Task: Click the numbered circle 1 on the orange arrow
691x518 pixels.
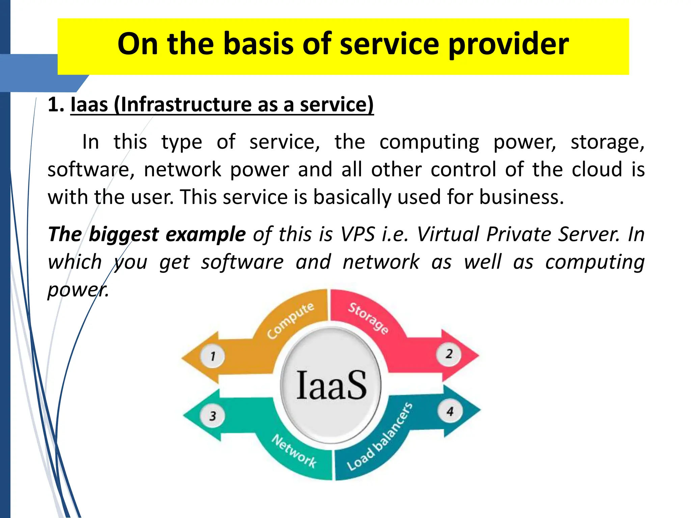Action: (213, 356)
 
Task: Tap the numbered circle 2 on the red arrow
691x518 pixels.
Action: (449, 354)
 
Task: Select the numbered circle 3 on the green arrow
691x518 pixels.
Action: (213, 415)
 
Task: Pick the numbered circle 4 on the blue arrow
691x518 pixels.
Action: (450, 411)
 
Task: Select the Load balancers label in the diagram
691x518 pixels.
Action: (380, 437)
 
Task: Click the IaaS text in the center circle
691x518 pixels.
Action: (331, 385)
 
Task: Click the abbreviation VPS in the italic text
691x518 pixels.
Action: (358, 234)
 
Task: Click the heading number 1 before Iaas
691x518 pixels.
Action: (55, 105)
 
